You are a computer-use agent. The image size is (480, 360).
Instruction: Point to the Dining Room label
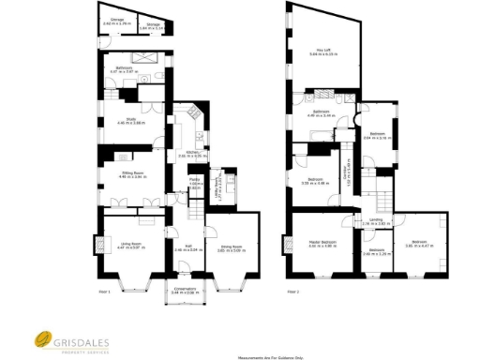tap(231, 247)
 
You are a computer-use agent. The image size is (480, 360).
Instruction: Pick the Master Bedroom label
tap(322, 244)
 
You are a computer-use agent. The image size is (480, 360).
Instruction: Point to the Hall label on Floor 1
tap(188, 247)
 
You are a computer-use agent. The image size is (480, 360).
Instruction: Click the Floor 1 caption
tap(105, 292)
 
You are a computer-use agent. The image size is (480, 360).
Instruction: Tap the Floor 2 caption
tap(292, 292)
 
